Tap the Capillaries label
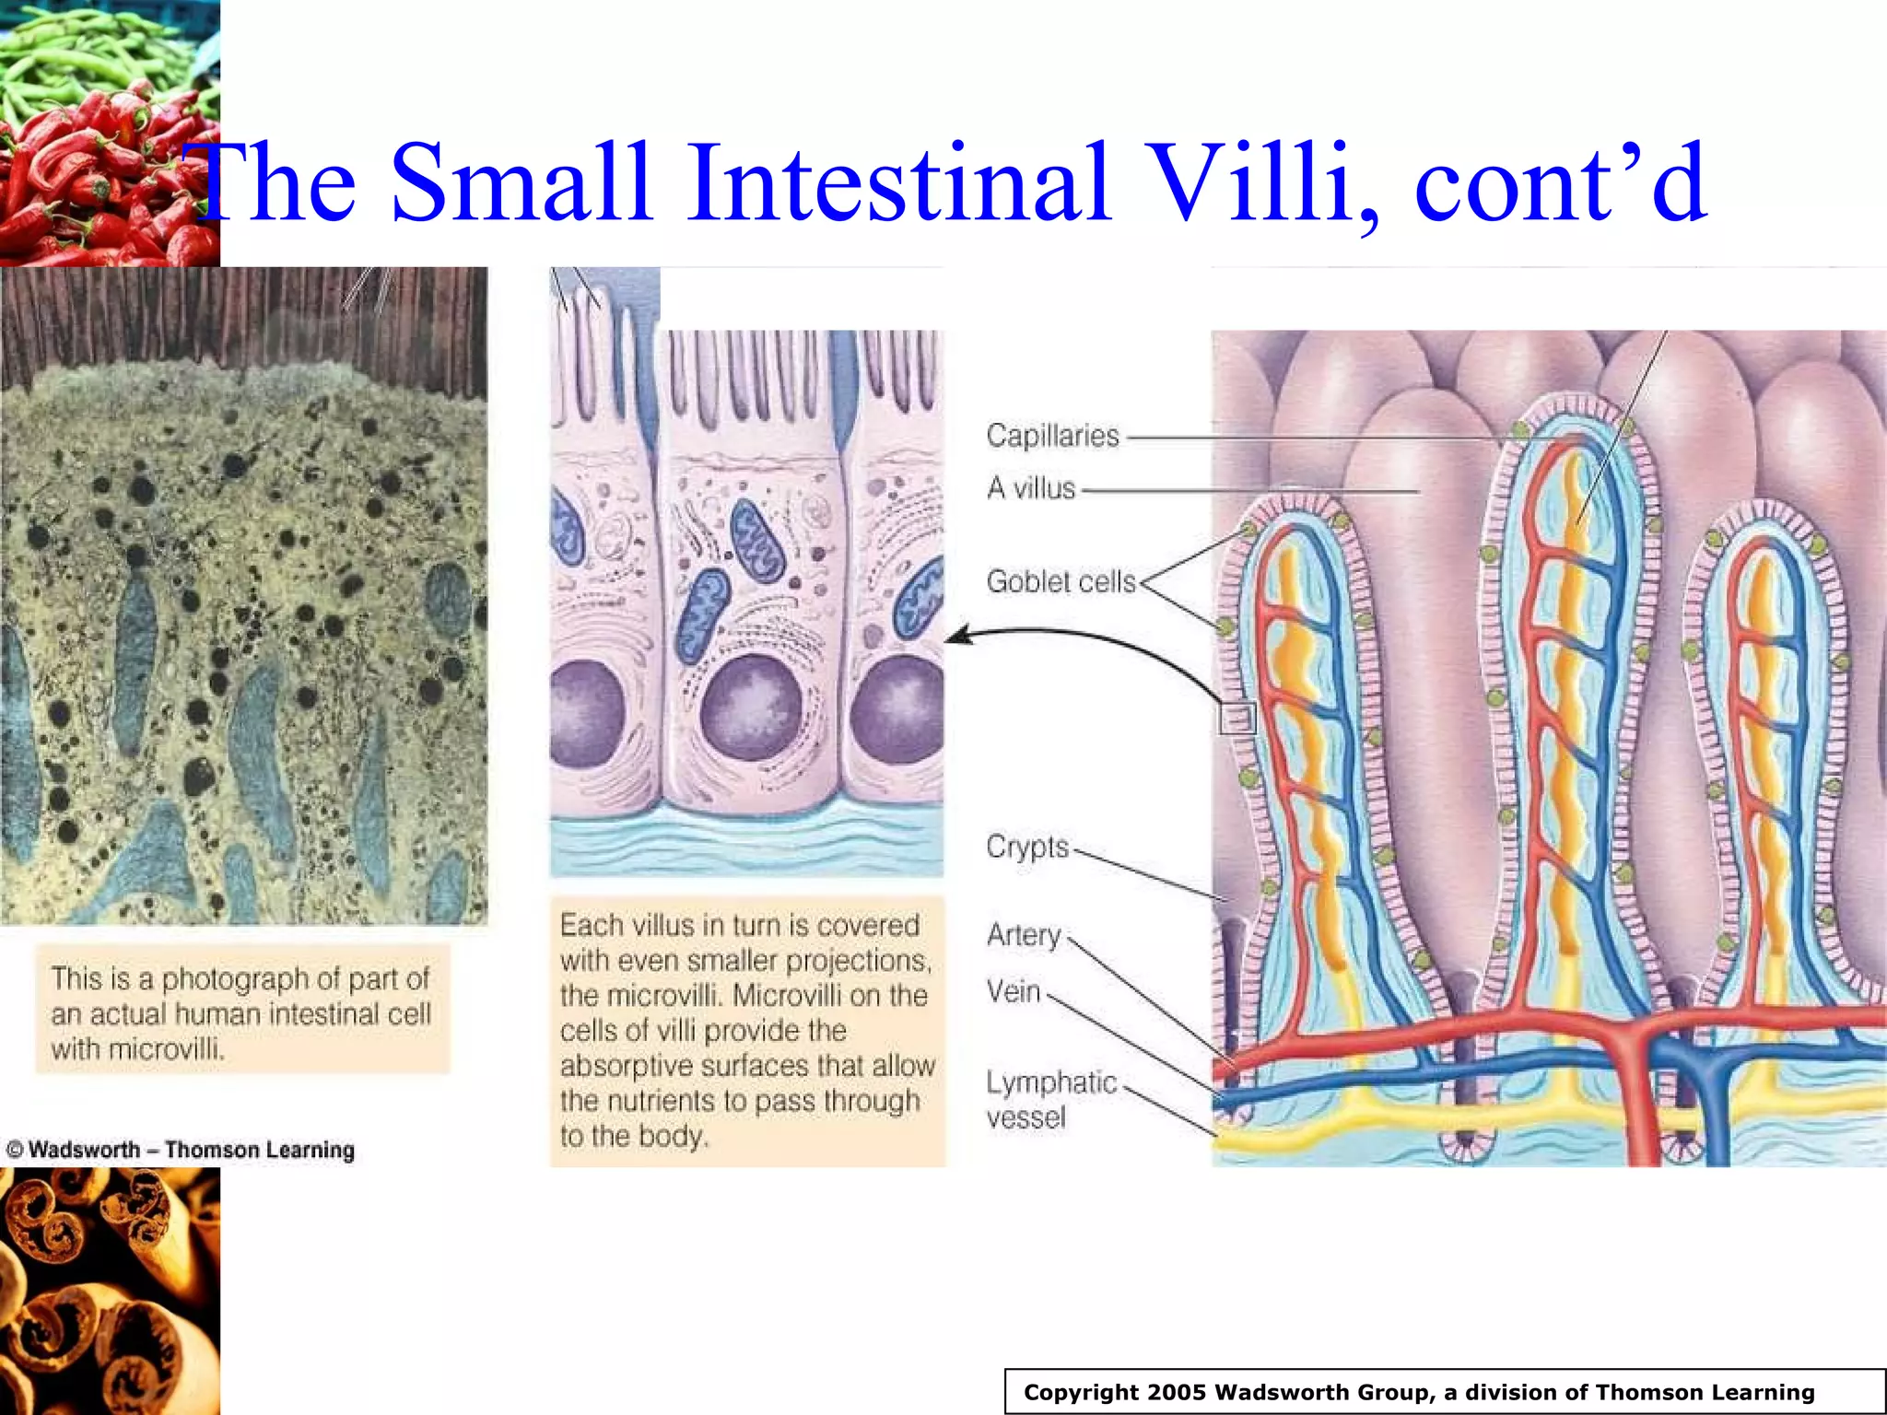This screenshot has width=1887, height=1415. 1052,436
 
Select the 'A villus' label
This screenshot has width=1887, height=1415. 1031,488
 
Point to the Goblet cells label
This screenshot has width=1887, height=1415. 1061,581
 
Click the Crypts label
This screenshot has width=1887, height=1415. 1027,847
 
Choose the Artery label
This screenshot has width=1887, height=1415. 1024,935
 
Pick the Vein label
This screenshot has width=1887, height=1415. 1014,992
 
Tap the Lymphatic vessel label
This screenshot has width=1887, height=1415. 1050,1100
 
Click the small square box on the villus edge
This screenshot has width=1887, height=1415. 1237,718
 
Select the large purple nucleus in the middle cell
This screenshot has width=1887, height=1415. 750,710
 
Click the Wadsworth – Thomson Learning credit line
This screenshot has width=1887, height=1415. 181,1150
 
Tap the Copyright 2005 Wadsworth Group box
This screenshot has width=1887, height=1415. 1419,1392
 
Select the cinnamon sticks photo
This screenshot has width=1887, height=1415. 110,1291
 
